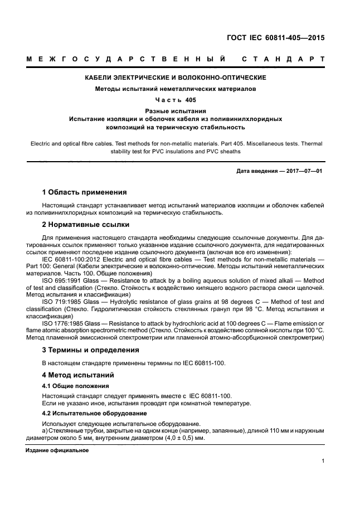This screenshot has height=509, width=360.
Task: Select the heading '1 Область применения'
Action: pos(85,192)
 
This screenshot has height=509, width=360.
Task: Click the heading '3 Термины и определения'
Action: pos(91,350)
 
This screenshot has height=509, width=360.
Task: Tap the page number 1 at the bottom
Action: pos(323,461)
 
